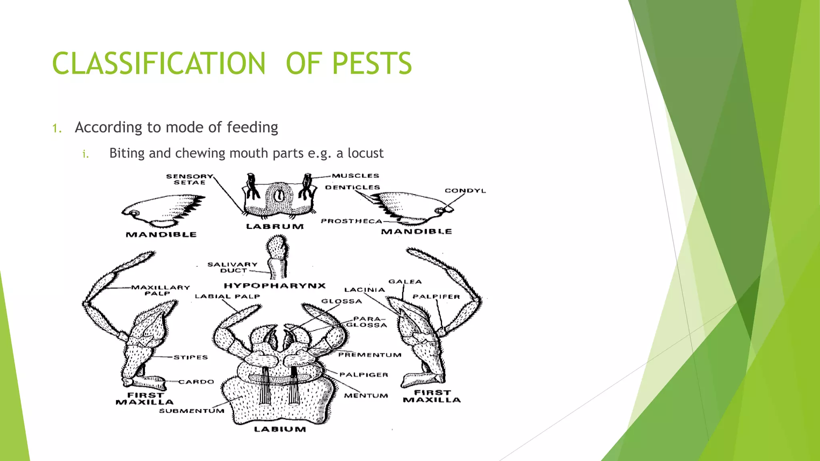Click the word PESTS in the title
click(372, 63)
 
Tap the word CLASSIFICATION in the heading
click(159, 63)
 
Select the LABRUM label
click(275, 226)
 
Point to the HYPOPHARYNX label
click(275, 286)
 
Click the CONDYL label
click(465, 191)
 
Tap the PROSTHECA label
click(352, 221)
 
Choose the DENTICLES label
click(352, 187)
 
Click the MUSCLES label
click(355, 176)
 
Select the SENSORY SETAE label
click(190, 179)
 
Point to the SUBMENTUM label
click(191, 411)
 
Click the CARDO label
click(196, 382)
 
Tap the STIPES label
click(191, 357)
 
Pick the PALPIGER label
click(364, 375)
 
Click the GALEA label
click(405, 282)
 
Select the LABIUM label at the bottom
click(280, 429)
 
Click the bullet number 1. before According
click(57, 128)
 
